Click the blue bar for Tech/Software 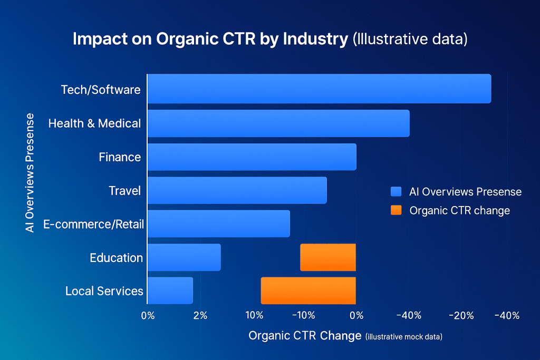pyautogui.click(x=319, y=89)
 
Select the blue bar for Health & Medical pyautogui.click(x=278, y=123)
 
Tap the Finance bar pyautogui.click(x=252, y=157)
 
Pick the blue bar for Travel pyautogui.click(x=237, y=190)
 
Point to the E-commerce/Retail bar pyautogui.click(x=219, y=223)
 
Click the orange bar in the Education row pyautogui.click(x=328, y=257)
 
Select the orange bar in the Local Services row pyautogui.click(x=308, y=290)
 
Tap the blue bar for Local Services pyautogui.click(x=170, y=290)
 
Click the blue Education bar pyautogui.click(x=184, y=257)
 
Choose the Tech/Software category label pyautogui.click(x=101, y=90)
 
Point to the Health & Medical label pyautogui.click(x=94, y=123)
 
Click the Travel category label pyautogui.click(x=124, y=190)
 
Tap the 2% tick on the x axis pyautogui.click(x=200, y=316)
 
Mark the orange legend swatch pyautogui.click(x=396, y=210)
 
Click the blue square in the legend pyautogui.click(x=396, y=191)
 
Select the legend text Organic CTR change pyautogui.click(x=459, y=210)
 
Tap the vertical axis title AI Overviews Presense pyautogui.click(x=30, y=173)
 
